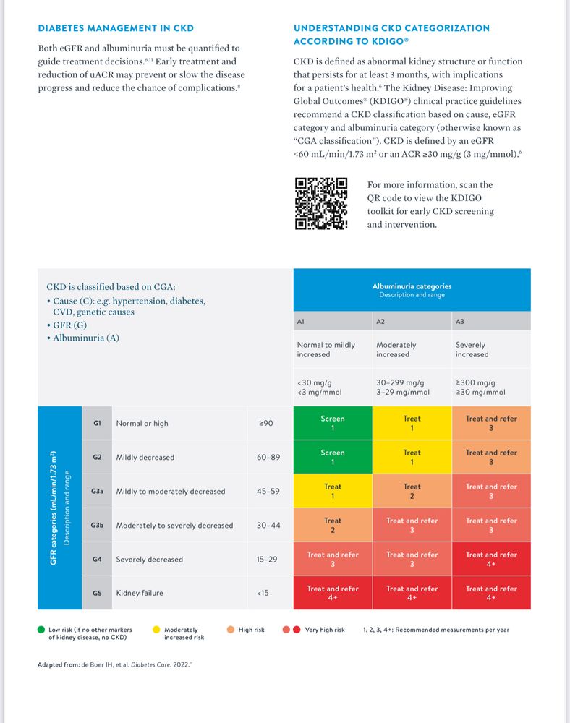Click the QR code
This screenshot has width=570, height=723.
pos(321,203)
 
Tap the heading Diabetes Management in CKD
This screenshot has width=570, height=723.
pos(116,28)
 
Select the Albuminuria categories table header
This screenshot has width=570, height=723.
pos(412,290)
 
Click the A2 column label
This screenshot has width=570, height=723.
pos(381,320)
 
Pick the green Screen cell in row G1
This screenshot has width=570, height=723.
pos(333,423)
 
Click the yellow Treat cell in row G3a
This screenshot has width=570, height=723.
pos(333,492)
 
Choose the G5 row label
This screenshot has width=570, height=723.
pos(97,593)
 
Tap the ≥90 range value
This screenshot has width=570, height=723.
pos(266,423)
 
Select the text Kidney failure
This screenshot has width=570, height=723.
pos(140,593)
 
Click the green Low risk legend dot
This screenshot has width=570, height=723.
pos(41,630)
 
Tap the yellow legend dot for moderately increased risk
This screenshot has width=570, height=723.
pos(156,630)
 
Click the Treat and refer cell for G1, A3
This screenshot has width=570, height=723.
pos(491,423)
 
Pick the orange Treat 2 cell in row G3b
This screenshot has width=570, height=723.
pos(333,525)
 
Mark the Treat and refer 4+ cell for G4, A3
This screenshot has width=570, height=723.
pos(491,559)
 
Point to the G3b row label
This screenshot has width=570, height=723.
pos(97,525)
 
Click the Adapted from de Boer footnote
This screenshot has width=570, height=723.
pos(114,664)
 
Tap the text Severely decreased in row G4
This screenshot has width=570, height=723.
pos(150,559)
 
